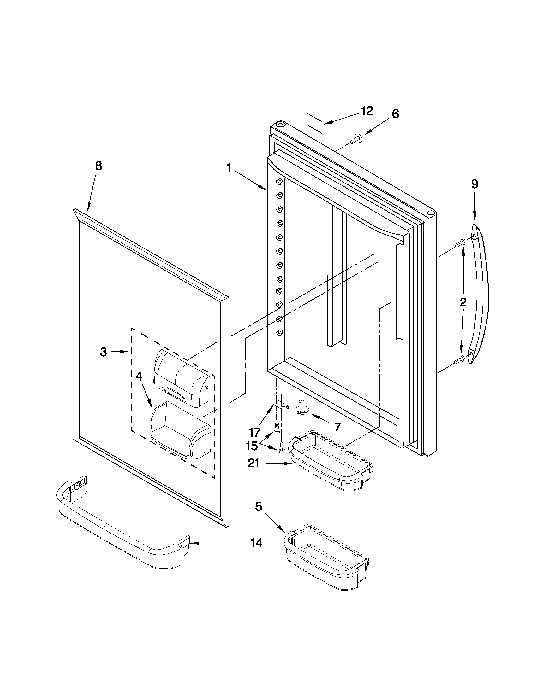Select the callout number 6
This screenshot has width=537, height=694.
(x=395, y=114)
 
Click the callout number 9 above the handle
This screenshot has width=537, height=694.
(x=474, y=184)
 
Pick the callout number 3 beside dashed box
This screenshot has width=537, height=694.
(x=104, y=352)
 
